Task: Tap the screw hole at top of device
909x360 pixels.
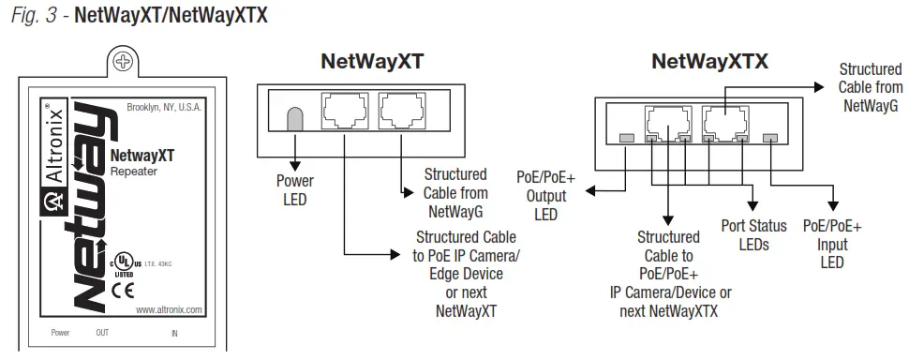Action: click(x=123, y=62)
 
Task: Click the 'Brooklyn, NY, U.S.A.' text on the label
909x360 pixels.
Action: click(x=164, y=109)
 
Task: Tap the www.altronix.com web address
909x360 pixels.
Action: click(x=168, y=309)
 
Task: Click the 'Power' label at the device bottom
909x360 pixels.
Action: click(x=61, y=333)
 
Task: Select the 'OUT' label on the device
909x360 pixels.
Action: click(x=102, y=333)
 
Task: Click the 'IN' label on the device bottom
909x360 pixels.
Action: click(x=174, y=333)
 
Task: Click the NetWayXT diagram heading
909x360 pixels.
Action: click(x=372, y=63)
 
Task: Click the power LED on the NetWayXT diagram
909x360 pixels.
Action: click(x=294, y=118)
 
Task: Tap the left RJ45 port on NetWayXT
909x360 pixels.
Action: click(x=344, y=112)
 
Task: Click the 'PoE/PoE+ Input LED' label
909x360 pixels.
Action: click(x=832, y=245)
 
